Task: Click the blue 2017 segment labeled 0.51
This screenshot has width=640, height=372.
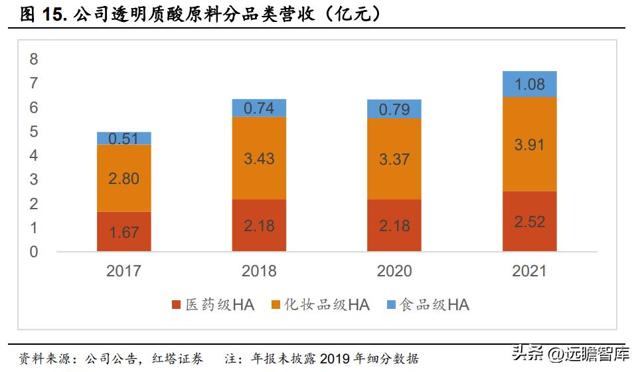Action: coord(123,138)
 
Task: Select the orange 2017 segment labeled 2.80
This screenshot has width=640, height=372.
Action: coord(123,178)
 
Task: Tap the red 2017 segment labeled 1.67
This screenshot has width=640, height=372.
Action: coord(123,232)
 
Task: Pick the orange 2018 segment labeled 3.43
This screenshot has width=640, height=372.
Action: coord(259,158)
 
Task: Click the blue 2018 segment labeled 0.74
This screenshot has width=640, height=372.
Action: coord(259,108)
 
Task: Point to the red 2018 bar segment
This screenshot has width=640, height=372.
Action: coord(259,225)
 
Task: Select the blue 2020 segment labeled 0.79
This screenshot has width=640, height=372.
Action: coord(394,109)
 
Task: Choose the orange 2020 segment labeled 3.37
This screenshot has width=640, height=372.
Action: coord(394,159)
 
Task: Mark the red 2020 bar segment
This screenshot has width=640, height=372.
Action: coord(394,225)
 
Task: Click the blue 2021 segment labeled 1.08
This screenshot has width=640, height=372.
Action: coord(529,84)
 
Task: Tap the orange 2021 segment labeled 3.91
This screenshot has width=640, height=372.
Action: coord(529,144)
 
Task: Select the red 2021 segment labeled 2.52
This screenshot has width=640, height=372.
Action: coord(529,221)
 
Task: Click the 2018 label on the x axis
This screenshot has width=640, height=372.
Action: coord(259,271)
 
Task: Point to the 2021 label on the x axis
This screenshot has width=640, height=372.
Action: coord(529,271)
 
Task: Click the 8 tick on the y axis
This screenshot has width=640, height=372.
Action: coord(34,60)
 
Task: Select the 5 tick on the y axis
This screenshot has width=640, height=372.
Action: coord(34,132)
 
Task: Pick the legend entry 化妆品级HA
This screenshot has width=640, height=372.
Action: coord(320,305)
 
